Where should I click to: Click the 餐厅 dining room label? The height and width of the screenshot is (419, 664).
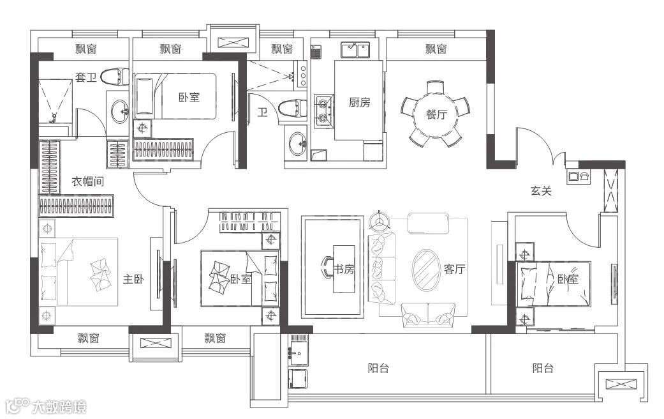pos(436,114)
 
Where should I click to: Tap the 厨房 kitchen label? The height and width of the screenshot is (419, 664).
pos(360,102)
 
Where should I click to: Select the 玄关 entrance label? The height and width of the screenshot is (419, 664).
pos(541,191)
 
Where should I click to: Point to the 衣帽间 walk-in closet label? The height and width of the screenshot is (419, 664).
pos(87,181)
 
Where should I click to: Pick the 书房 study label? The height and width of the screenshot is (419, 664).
pos(343,269)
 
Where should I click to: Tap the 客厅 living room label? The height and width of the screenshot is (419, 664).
pos(454,269)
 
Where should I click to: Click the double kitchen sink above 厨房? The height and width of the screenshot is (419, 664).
pos(356,50)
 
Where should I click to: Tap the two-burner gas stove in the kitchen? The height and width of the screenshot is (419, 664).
pos(323,110)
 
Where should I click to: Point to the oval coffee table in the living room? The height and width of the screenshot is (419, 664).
pos(426,270)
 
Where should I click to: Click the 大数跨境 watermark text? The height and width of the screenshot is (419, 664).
pos(59,407)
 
